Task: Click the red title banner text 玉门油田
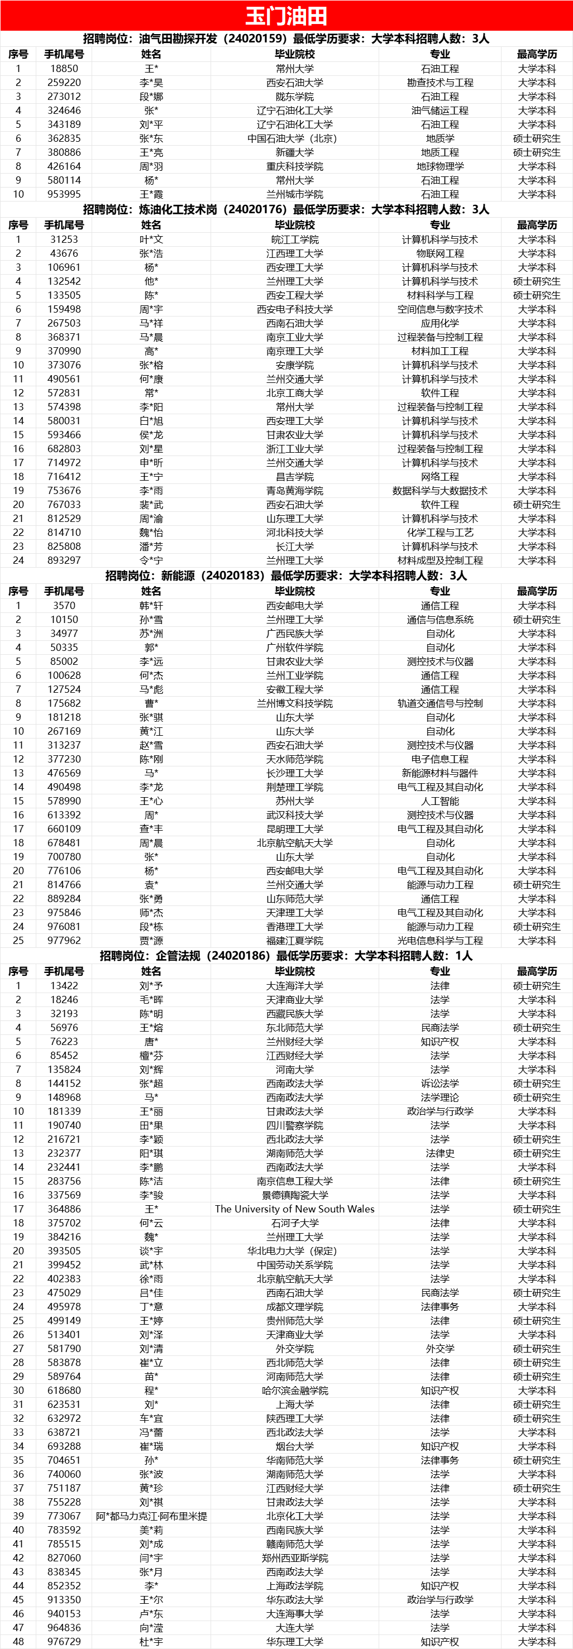(x=286, y=16)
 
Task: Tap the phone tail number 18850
(x=64, y=69)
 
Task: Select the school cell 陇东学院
(x=294, y=97)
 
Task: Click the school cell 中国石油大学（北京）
(x=294, y=138)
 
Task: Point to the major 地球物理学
(x=440, y=166)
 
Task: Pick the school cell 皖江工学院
(x=294, y=239)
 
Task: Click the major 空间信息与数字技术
(x=440, y=309)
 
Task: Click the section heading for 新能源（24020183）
(x=286, y=576)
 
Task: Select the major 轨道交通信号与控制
(x=440, y=703)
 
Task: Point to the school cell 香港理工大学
(x=294, y=927)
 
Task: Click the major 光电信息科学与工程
(x=440, y=941)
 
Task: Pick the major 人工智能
(x=440, y=802)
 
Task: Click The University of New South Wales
(x=294, y=1209)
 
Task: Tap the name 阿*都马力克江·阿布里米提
(x=151, y=1517)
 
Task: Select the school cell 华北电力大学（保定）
(x=294, y=1251)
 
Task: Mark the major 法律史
(x=440, y=1153)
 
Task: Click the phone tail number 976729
(x=64, y=1642)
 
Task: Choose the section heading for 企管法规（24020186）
(x=286, y=956)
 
